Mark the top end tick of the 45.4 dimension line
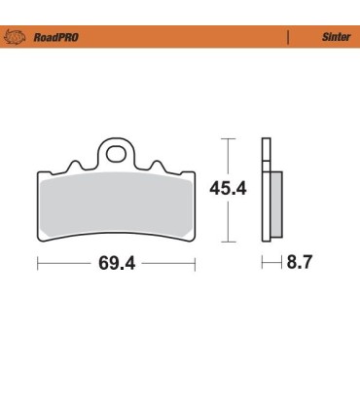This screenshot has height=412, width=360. pos(228,138)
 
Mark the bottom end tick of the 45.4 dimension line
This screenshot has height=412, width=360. pos(228,240)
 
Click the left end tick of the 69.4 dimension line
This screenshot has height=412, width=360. pos(37,263)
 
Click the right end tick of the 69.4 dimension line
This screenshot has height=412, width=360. pos(197,263)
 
